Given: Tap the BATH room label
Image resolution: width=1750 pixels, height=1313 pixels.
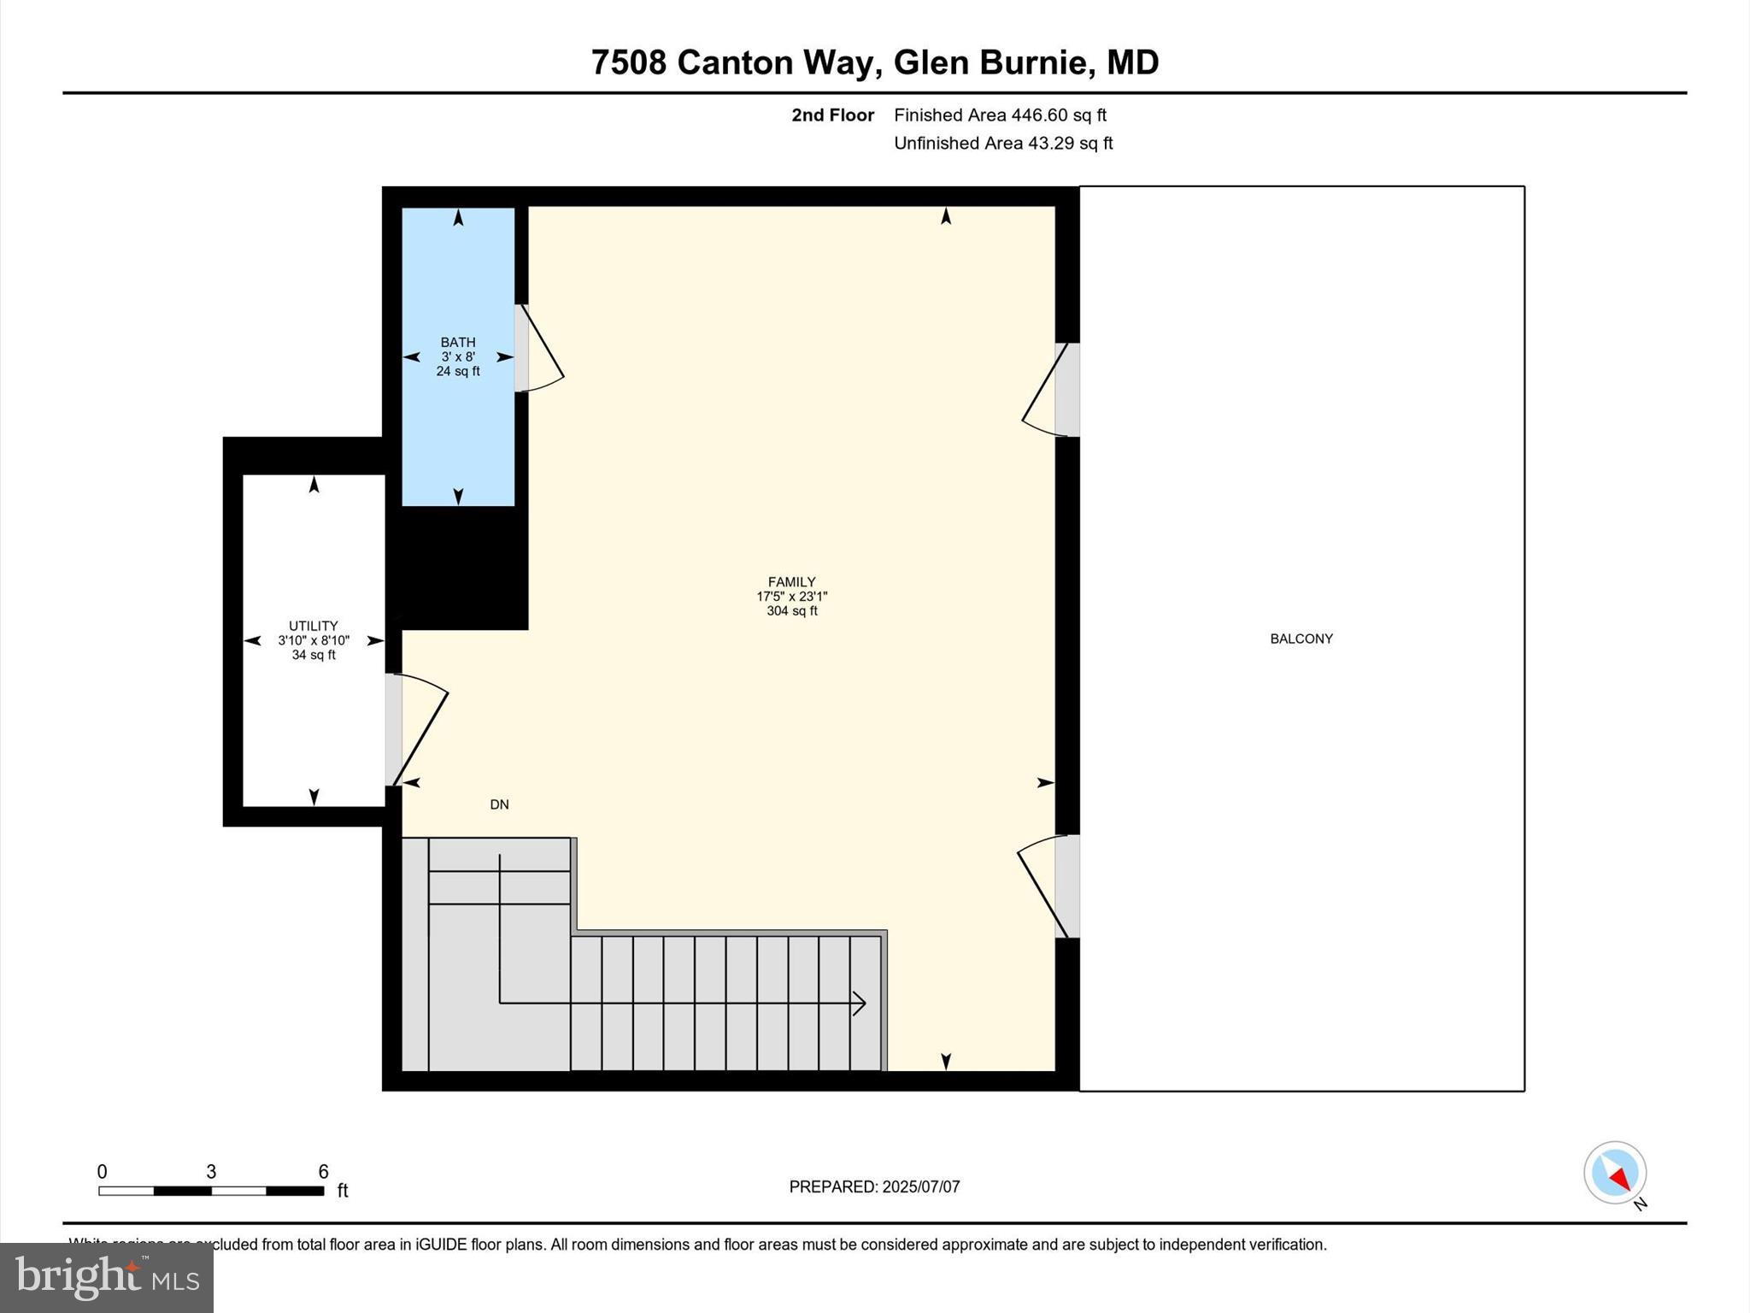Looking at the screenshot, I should pos(458,343).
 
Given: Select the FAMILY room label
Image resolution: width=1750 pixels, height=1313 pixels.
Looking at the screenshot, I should pos(791,582).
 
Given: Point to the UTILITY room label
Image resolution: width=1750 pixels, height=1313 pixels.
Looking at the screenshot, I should pos(313,626).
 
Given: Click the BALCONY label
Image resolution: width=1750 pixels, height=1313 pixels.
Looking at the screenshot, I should pos(1301,639).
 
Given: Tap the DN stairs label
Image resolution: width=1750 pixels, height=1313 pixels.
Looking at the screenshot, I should pos(499,804).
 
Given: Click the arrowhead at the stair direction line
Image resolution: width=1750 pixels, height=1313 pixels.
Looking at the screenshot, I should pos(860,1003).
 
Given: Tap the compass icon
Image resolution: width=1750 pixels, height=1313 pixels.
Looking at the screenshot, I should pos(1614,1173).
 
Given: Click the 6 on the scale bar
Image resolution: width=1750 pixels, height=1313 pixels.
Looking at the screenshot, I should pos(323,1172).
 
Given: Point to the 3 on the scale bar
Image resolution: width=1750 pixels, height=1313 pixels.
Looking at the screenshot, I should pos(211,1172).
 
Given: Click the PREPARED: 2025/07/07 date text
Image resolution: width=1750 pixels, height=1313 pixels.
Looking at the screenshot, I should pos(874,1186).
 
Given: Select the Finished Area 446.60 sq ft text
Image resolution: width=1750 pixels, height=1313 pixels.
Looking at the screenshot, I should pos(1000,115).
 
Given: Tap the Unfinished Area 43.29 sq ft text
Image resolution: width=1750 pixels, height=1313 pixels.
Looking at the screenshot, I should pos(1003,143).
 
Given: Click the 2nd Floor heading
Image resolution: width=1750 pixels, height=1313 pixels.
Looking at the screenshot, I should pos(832,115).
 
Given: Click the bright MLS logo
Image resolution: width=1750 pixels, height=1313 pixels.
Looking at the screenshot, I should pos(107,1277).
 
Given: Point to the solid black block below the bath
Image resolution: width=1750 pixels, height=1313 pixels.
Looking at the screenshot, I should pos(459,568).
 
